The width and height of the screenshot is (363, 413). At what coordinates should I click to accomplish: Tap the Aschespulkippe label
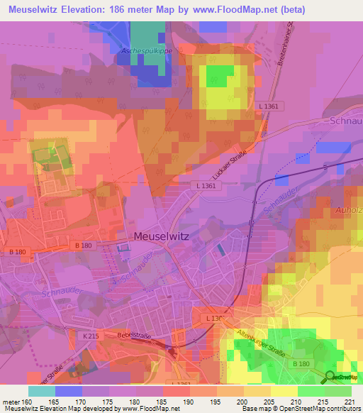click(147, 51)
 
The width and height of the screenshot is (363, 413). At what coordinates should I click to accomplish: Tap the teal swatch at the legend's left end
click(42, 391)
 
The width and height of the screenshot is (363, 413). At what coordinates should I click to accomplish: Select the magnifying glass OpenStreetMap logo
click(330, 376)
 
